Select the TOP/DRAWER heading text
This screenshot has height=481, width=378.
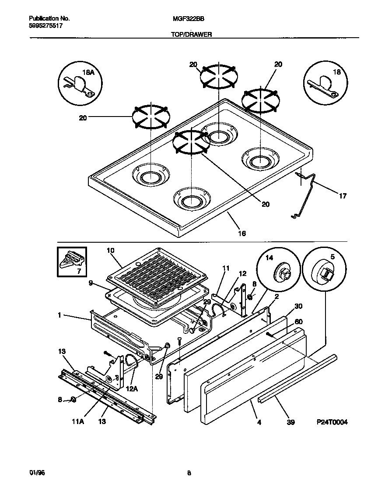pyautogui.click(x=191, y=35)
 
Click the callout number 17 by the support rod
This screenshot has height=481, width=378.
pyautogui.click(x=343, y=196)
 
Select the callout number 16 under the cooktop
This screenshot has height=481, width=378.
pyautogui.click(x=241, y=233)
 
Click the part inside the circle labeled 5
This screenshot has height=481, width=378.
pyautogui.click(x=325, y=273)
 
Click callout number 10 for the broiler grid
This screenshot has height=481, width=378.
pyautogui.click(x=110, y=250)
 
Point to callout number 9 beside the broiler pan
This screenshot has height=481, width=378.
pyautogui.click(x=91, y=283)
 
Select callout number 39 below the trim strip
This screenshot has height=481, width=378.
pyautogui.click(x=291, y=422)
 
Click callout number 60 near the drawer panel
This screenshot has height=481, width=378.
pyautogui.click(x=298, y=322)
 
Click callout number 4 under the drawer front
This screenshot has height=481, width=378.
pyautogui.click(x=259, y=422)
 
